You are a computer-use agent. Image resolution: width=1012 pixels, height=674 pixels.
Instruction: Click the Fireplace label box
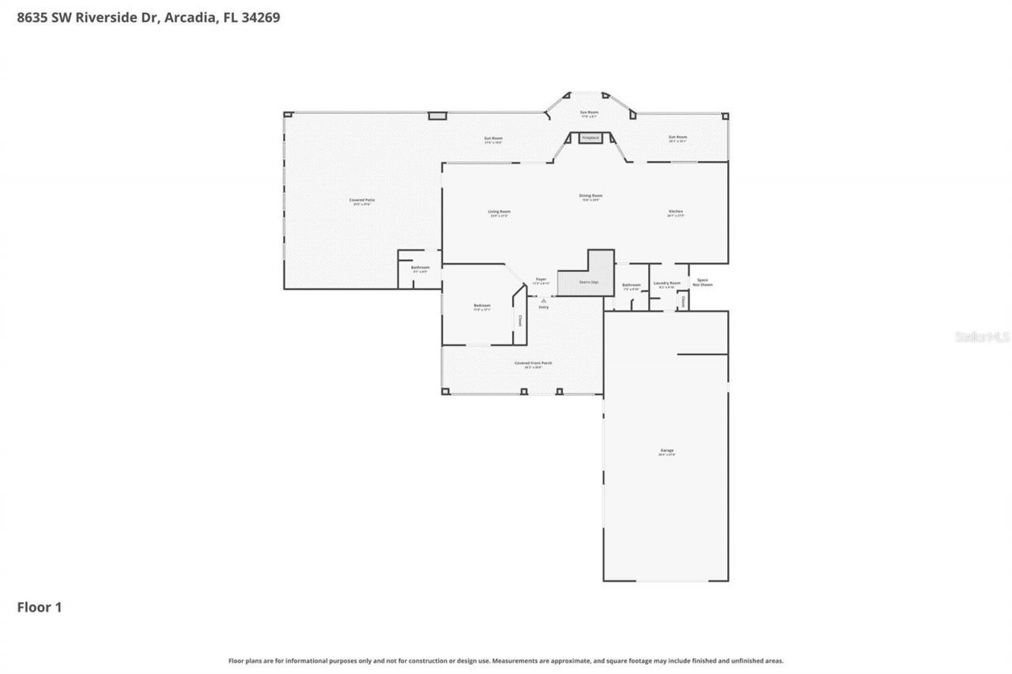click(590, 138)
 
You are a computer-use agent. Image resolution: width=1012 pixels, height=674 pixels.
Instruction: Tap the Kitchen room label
click(675, 212)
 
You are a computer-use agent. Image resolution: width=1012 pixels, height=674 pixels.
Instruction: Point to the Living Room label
click(499, 212)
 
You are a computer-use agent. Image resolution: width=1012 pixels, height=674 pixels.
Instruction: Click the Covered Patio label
click(362, 201)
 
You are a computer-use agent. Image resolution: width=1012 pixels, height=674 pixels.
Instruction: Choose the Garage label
click(666, 450)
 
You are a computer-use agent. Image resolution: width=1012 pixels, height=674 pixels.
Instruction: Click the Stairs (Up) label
click(589, 282)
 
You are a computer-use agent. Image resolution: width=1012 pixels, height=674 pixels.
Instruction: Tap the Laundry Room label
click(666, 283)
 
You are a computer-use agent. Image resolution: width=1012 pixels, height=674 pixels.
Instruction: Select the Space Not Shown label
click(702, 282)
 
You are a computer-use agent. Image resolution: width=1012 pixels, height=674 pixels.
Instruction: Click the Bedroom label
click(482, 306)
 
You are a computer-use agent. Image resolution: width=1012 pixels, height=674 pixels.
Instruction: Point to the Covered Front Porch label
click(533, 363)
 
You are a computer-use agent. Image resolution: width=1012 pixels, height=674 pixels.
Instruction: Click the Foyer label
click(541, 279)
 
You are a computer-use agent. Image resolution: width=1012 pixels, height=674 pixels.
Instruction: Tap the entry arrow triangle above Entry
click(543, 300)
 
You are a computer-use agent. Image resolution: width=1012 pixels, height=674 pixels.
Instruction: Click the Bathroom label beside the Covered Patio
click(420, 268)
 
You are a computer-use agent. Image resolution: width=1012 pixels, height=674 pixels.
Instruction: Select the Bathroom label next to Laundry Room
click(631, 285)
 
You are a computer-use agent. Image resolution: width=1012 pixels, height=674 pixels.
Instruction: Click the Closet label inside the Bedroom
click(519, 321)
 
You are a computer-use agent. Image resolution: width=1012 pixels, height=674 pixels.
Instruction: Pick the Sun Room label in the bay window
click(589, 113)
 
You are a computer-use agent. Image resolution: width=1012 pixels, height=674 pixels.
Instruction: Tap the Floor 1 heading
click(40, 608)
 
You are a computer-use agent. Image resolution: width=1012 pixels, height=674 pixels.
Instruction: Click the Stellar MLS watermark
click(982, 337)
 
